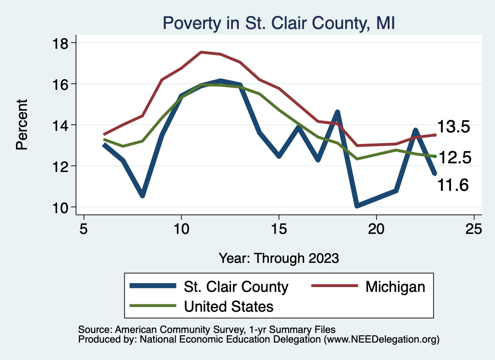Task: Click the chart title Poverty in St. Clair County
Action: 279,23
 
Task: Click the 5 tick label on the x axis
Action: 84,228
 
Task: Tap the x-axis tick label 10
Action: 181,228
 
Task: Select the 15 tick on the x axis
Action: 279,228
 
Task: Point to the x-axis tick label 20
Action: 377,228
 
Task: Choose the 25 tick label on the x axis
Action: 474,228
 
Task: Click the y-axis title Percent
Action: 22,125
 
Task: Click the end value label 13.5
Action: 453,127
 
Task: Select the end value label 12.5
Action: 453,157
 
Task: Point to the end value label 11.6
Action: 453,185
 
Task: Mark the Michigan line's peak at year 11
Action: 201,52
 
